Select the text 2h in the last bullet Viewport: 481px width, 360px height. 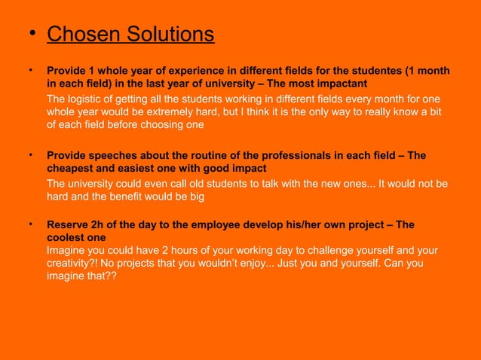tap(98, 225)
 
